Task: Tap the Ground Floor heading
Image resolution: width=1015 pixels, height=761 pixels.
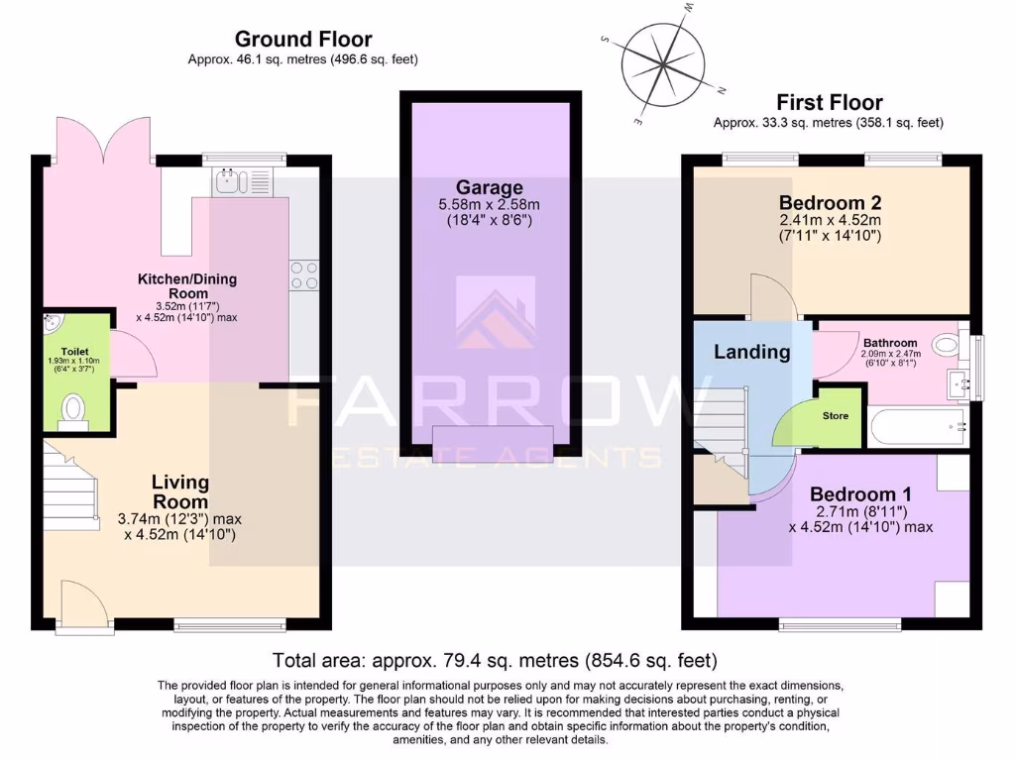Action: pos(303,40)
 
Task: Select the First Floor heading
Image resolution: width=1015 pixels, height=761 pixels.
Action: pos(829,102)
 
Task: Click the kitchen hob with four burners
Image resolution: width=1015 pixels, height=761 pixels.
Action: pos(303,274)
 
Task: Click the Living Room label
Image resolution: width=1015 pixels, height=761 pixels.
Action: pos(180,491)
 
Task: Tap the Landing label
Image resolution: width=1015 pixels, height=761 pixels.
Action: pos(751,351)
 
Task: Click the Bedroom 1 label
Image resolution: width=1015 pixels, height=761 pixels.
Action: pos(860,494)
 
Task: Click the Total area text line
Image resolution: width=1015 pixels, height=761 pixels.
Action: pos(495,660)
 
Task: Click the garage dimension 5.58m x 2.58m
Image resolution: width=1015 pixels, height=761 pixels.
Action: pos(489,204)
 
